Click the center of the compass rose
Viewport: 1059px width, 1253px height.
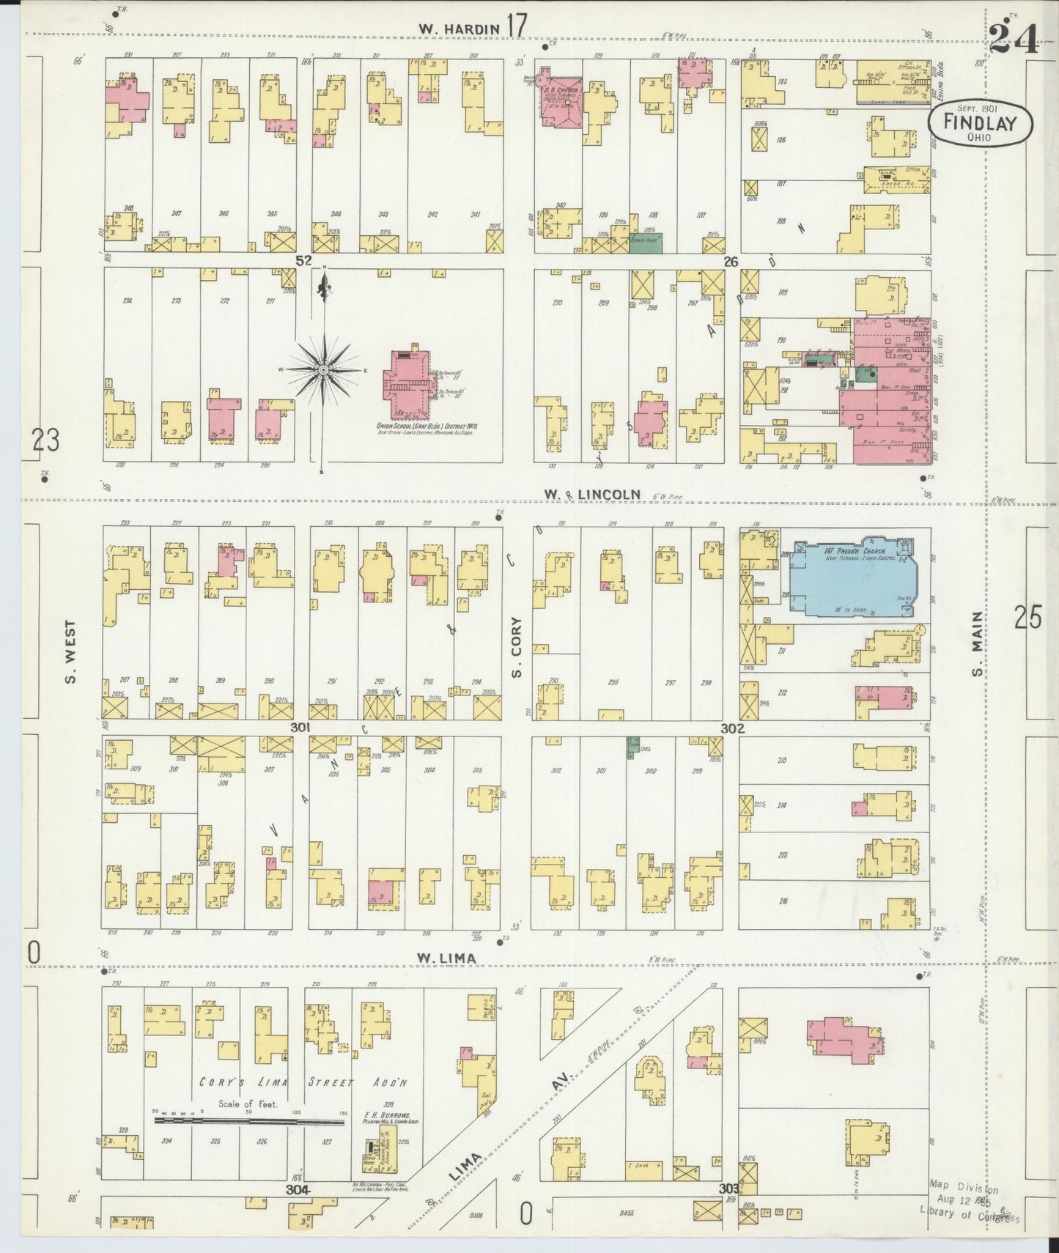coord(323,372)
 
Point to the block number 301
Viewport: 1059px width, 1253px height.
coord(300,728)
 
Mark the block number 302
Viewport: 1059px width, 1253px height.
coord(732,728)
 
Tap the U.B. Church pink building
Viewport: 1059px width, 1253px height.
coord(560,98)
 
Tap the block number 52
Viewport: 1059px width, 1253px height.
coord(304,261)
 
